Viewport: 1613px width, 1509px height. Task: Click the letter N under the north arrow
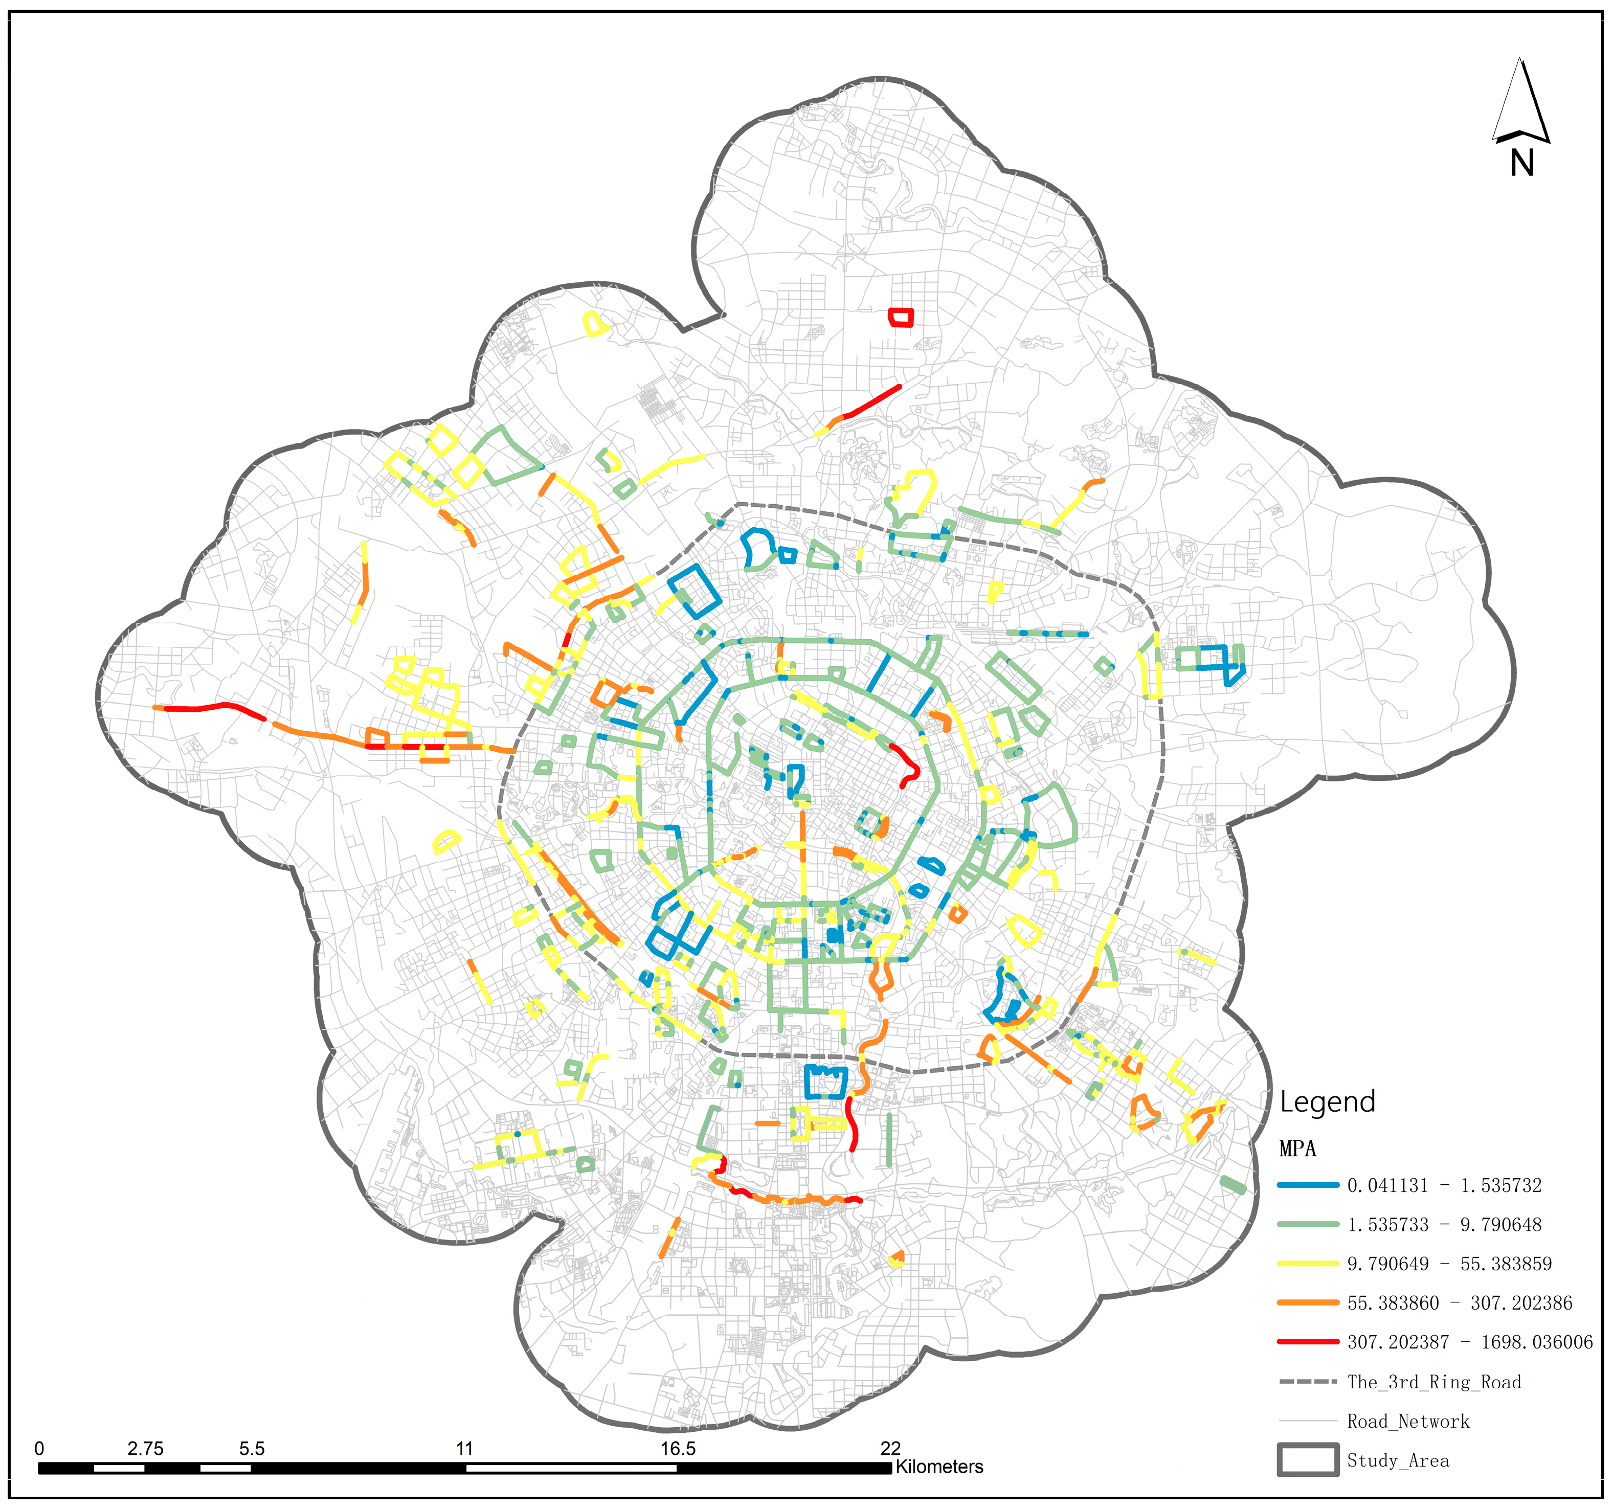point(1521,164)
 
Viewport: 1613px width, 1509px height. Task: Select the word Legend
point(1328,1102)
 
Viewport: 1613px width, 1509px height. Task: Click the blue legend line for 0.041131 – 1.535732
point(1308,1185)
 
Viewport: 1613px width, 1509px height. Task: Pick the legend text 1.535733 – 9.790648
point(1444,1224)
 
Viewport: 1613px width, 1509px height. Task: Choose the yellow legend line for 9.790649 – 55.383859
point(1308,1263)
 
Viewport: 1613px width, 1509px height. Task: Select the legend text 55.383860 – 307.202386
point(1460,1303)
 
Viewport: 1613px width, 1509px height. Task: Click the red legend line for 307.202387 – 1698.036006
point(1308,1342)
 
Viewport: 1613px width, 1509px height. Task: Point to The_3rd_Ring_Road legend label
point(1433,1382)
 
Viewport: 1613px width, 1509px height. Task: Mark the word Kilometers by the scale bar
point(939,1467)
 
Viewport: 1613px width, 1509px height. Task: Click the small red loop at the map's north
point(901,317)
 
